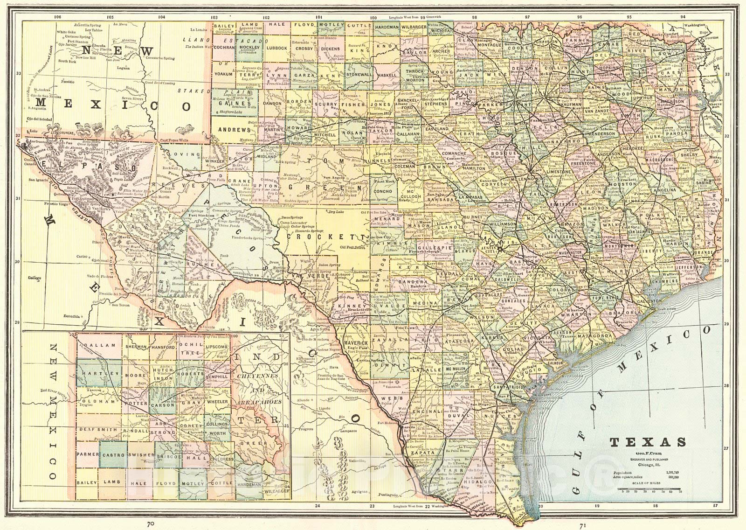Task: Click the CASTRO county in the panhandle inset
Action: [x=112, y=454]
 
